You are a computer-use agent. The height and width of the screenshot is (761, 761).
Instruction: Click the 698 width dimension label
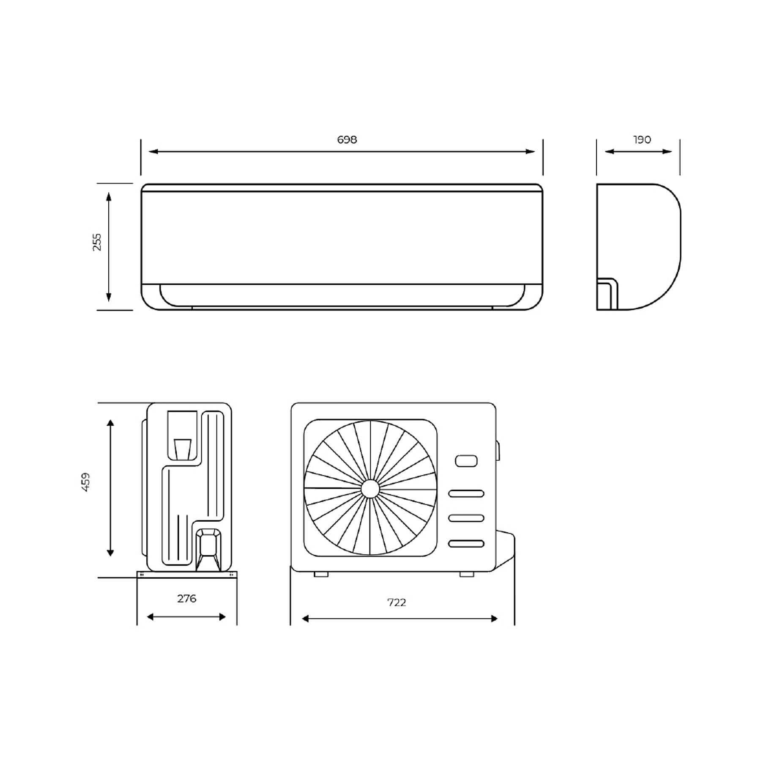tap(347, 140)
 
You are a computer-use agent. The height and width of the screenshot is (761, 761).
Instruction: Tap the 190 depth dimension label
tap(642, 140)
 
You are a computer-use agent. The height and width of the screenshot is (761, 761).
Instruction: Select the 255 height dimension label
tap(97, 242)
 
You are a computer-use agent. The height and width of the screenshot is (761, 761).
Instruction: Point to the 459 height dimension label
tap(85, 482)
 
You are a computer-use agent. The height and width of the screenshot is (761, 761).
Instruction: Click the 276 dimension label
tap(186, 599)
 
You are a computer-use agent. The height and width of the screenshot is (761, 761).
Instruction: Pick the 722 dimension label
tap(397, 602)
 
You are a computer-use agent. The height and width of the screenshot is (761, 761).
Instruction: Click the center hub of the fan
tap(370, 489)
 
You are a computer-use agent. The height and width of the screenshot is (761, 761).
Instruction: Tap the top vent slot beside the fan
tap(466, 493)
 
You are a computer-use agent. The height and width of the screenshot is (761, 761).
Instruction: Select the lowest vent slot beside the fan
tap(466, 543)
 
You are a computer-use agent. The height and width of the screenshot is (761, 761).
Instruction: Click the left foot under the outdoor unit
tap(321, 574)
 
